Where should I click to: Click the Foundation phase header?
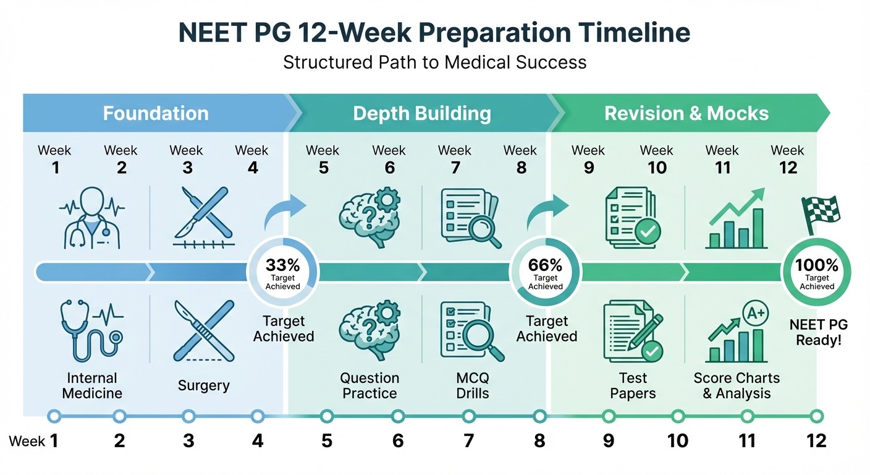tap(156, 114)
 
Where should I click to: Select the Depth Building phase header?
tap(422, 114)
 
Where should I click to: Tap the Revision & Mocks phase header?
tap(686, 114)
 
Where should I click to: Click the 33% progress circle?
tap(283, 272)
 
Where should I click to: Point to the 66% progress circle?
tap(546, 272)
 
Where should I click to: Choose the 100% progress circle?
tap(816, 272)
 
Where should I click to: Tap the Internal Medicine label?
tap(92, 385)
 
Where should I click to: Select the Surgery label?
tap(203, 386)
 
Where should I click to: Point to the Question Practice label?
tap(370, 385)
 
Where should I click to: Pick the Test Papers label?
tap(633, 385)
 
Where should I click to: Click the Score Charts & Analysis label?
tap(737, 385)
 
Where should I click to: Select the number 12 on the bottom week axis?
tap(816, 440)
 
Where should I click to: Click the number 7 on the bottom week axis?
tap(468, 440)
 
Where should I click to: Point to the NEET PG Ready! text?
tap(816, 332)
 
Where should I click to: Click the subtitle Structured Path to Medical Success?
tap(434, 62)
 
